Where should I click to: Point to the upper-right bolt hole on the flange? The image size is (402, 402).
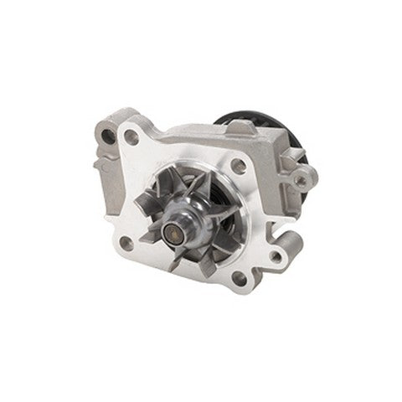click(239, 165)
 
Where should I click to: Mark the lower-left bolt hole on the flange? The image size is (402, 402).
click(127, 243)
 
